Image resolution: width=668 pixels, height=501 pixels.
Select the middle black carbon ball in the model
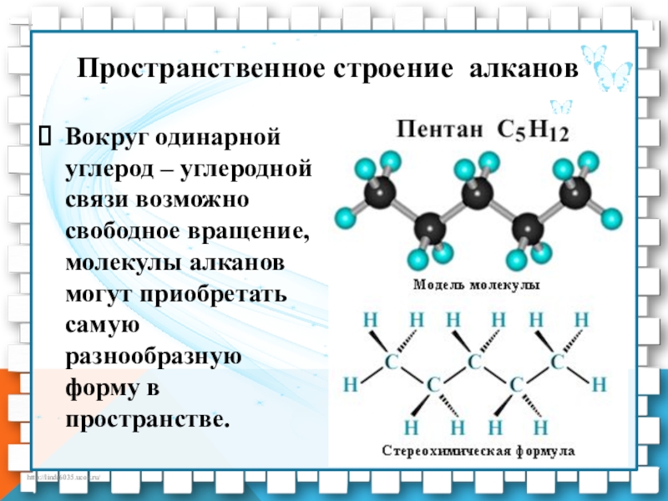click(477, 194)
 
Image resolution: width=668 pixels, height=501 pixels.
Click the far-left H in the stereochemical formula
click(350, 385)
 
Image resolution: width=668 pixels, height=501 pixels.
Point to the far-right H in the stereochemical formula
click(598, 385)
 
